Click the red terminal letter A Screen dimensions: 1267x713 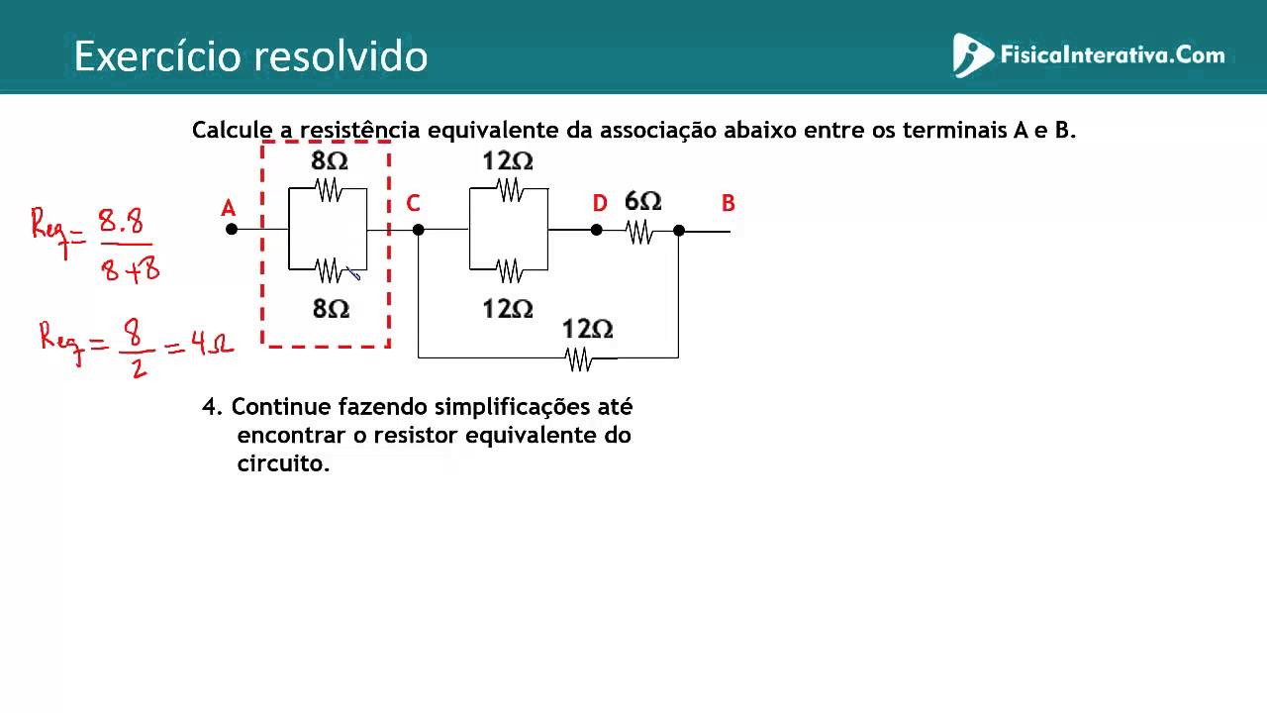pyautogui.click(x=228, y=208)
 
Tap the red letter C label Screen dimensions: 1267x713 pyautogui.click(x=413, y=203)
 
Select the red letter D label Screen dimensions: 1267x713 pyautogui.click(x=600, y=203)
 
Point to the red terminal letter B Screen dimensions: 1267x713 pyautogui.click(x=728, y=203)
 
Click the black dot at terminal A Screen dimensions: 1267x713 pyautogui.click(x=232, y=229)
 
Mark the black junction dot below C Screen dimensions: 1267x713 pyautogui.click(x=418, y=230)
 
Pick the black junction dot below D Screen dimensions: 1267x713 pyautogui.click(x=596, y=230)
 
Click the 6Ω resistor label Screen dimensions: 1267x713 pyautogui.click(x=642, y=201)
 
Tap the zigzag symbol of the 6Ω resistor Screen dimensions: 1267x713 pyautogui.click(x=639, y=232)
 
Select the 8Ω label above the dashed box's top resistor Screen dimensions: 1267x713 pyautogui.click(x=330, y=160)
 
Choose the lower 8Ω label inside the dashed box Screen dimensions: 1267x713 pyautogui.click(x=331, y=309)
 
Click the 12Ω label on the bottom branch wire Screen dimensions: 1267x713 pyautogui.click(x=587, y=330)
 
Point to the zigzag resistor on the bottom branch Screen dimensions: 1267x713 pyautogui.click(x=578, y=359)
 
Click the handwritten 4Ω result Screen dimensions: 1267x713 pyautogui.click(x=212, y=343)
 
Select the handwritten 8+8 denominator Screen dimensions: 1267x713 pyautogui.click(x=130, y=270)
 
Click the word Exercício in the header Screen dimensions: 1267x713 pyautogui.click(x=157, y=56)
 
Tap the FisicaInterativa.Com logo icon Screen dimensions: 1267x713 pyautogui.click(x=971, y=54)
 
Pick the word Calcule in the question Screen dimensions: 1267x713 pyautogui.click(x=233, y=130)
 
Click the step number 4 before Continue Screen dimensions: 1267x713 pyautogui.click(x=209, y=407)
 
